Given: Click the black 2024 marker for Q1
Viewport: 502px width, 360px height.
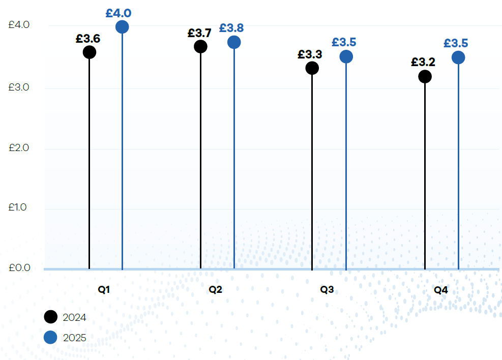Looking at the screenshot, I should (90, 52).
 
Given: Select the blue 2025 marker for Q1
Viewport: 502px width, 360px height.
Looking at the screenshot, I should (122, 27).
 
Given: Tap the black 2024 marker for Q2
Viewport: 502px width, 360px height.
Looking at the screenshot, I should (200, 46).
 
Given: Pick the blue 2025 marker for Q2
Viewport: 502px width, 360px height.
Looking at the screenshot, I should (234, 42).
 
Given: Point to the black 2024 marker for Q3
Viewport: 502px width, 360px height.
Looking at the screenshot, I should (312, 68).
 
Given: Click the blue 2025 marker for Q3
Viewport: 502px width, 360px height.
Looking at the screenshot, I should (346, 56).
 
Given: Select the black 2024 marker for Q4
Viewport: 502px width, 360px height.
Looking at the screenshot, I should (425, 77).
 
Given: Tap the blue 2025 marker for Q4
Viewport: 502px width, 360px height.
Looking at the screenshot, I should (458, 57).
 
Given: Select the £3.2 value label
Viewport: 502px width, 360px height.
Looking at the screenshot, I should (423, 63).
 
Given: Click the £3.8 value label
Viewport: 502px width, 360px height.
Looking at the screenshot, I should (231, 28).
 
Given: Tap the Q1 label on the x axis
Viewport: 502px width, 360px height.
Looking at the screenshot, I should (104, 290).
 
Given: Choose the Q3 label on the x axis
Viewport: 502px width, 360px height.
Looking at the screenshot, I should (327, 290).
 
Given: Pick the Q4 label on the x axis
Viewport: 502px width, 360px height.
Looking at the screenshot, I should (441, 290).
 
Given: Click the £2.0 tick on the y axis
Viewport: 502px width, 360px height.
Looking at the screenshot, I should (19, 148).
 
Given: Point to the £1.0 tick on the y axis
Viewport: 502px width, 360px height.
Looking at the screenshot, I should (19, 207).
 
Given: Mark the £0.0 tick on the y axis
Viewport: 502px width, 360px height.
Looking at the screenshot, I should (19, 267).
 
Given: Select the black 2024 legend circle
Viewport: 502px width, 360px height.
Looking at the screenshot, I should (50, 317).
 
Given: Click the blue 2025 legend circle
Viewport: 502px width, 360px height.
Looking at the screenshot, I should (50, 337).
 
